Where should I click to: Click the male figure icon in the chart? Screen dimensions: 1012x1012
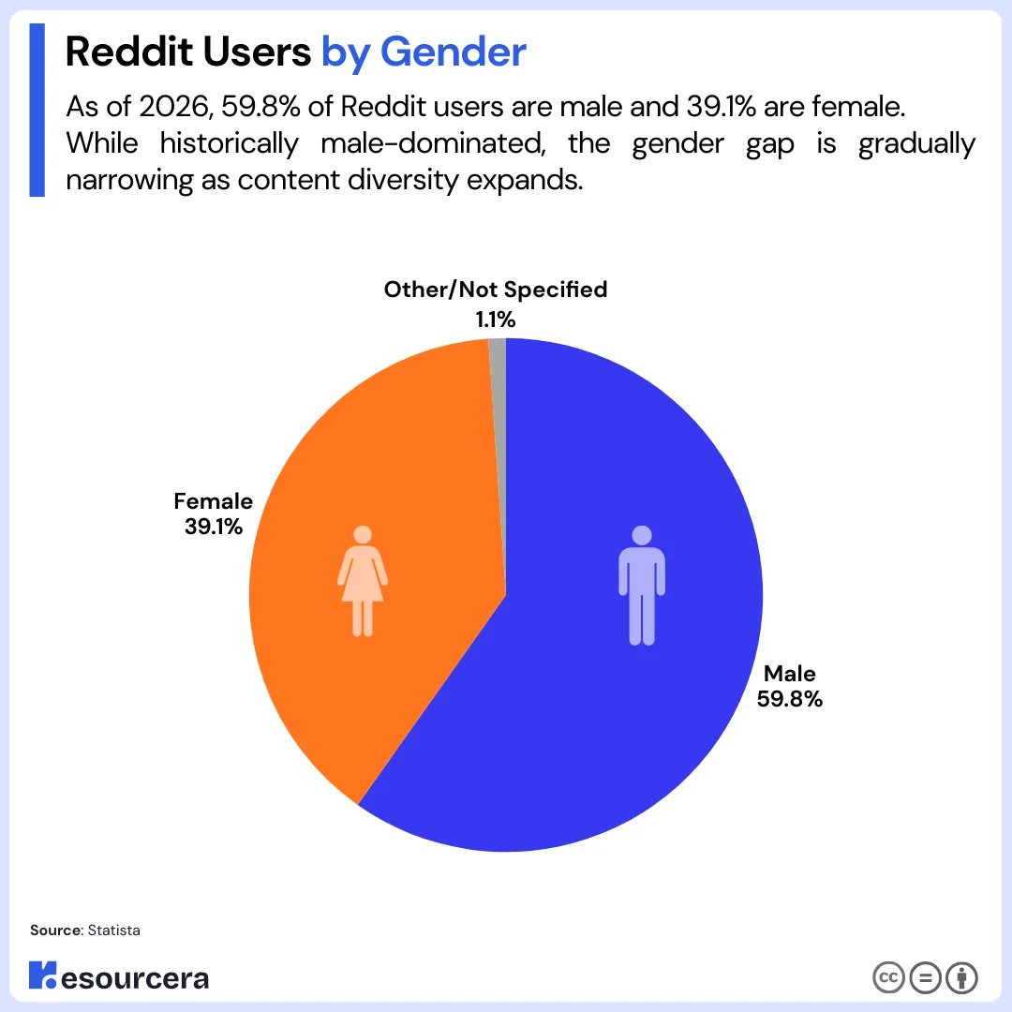[x=641, y=586]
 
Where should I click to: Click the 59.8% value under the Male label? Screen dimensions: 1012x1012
[x=790, y=698]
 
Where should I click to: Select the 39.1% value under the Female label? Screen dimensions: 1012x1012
[x=214, y=527]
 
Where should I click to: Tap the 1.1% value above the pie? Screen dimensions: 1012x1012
[x=495, y=320]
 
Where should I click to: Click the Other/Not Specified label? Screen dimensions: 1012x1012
[x=495, y=290]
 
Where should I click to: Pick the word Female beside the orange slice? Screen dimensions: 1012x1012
[x=214, y=501]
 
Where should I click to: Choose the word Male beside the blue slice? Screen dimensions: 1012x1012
[x=790, y=673]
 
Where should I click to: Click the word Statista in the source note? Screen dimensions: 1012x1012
[x=113, y=930]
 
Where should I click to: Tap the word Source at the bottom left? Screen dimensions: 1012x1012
[x=55, y=930]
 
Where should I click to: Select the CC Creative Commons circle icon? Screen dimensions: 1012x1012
[x=887, y=977]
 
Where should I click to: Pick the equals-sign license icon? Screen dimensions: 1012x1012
[x=925, y=977]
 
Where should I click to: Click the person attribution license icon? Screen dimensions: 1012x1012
[x=961, y=977]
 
